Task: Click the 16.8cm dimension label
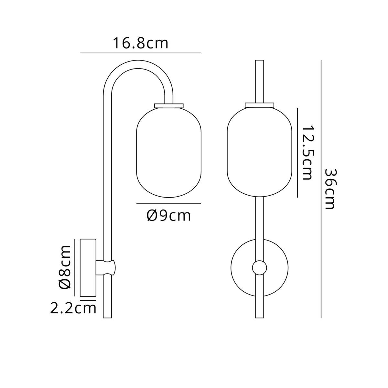click(140, 44)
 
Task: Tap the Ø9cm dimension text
click(168, 216)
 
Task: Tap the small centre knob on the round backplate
click(259, 268)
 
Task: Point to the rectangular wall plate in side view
click(88, 268)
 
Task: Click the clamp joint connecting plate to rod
click(107, 267)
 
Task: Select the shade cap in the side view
click(169, 105)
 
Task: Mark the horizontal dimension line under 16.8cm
click(140, 53)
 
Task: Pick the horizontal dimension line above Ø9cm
click(168, 203)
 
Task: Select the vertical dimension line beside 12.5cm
click(297, 153)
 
